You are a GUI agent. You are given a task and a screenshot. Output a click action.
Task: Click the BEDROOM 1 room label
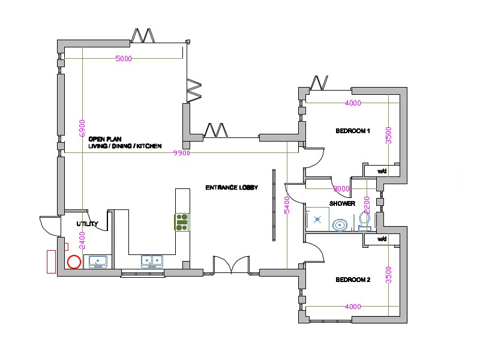(352, 131)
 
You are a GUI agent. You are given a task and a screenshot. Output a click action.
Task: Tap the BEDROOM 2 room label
(352, 280)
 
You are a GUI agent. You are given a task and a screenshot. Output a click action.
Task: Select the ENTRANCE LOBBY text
(232, 188)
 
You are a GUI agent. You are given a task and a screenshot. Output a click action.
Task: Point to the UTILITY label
(87, 224)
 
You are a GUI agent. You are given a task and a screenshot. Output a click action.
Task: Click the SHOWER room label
(342, 203)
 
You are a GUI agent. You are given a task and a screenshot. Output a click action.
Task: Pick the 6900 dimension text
(82, 128)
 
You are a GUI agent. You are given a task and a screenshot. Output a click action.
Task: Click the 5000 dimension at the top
(124, 59)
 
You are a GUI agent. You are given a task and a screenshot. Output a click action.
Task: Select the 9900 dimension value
(182, 154)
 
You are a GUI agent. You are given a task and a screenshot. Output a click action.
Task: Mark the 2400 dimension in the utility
(82, 240)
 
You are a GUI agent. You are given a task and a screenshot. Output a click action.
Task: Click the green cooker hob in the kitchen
(182, 222)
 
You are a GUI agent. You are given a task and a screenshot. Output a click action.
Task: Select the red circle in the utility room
(74, 262)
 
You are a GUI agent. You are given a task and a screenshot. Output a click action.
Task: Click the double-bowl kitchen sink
(152, 261)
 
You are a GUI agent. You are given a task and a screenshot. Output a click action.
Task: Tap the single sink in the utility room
(98, 261)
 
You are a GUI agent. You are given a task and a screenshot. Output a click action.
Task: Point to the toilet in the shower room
(364, 222)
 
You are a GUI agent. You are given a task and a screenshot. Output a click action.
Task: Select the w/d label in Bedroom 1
(382, 172)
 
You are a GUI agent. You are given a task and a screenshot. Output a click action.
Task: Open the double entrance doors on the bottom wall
(231, 265)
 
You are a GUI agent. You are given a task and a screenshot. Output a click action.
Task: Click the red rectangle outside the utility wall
(51, 262)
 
